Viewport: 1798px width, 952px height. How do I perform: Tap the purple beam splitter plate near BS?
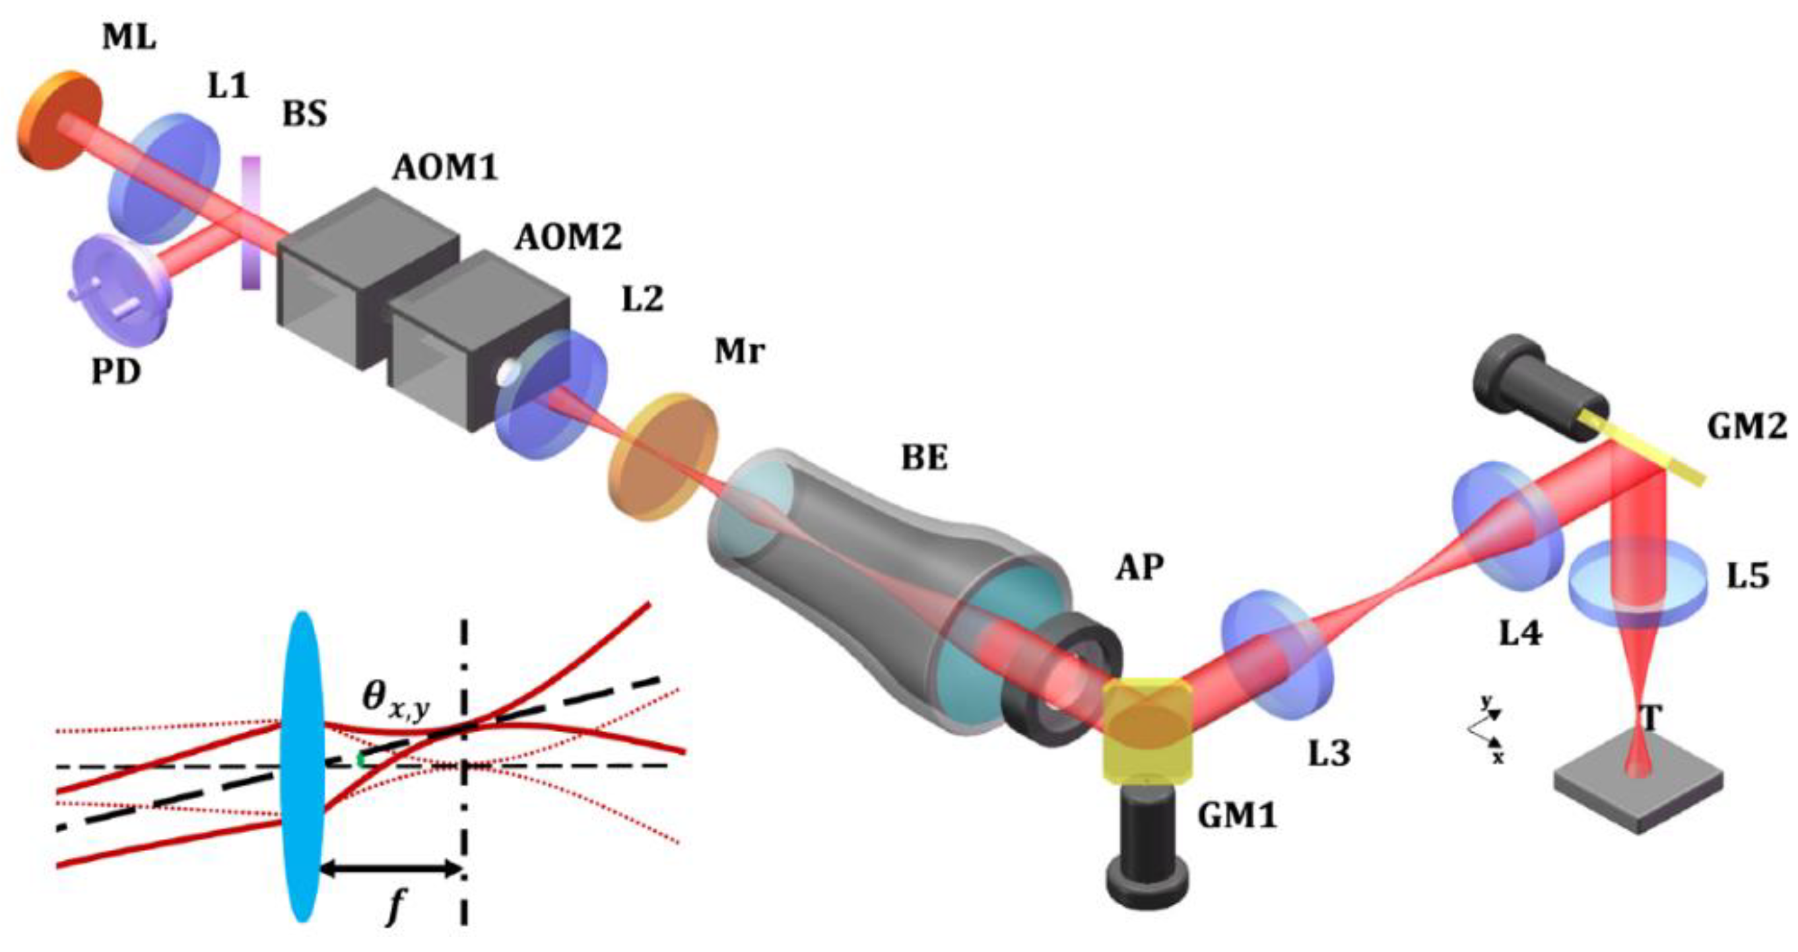(x=251, y=222)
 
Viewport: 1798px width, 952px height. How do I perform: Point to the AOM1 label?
(x=445, y=168)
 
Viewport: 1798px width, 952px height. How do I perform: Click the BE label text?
(x=924, y=458)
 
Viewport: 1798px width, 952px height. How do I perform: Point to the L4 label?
(x=1521, y=634)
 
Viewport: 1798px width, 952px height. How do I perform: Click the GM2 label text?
(x=1747, y=426)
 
